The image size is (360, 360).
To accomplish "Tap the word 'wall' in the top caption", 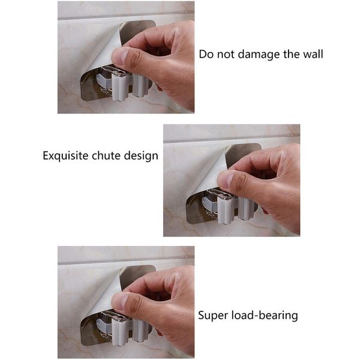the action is (x=313, y=55).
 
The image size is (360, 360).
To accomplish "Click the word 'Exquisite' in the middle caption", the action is (x=65, y=156).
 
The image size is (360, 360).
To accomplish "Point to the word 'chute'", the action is (x=106, y=155).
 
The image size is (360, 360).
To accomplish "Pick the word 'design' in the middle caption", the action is (x=141, y=156).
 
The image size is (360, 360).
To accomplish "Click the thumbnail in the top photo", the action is (x=121, y=56).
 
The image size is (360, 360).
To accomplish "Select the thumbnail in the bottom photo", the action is (x=121, y=301).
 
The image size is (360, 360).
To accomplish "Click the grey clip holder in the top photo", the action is (x=122, y=84).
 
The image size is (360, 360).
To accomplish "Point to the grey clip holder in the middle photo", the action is (x=227, y=207).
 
